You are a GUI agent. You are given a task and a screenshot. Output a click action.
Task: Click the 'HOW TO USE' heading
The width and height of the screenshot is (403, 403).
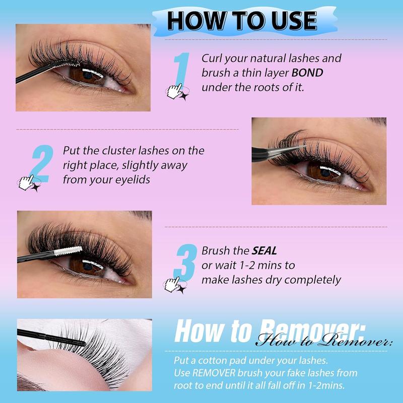[x=242, y=20]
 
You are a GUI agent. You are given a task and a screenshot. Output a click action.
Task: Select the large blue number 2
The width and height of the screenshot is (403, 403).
[x=40, y=164]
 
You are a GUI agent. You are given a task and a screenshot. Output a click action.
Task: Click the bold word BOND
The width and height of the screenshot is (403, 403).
[x=308, y=73]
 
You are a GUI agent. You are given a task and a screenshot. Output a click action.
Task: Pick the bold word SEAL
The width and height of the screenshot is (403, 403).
[x=265, y=250]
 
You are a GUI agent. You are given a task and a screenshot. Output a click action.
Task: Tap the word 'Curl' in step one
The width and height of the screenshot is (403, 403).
[x=212, y=58]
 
